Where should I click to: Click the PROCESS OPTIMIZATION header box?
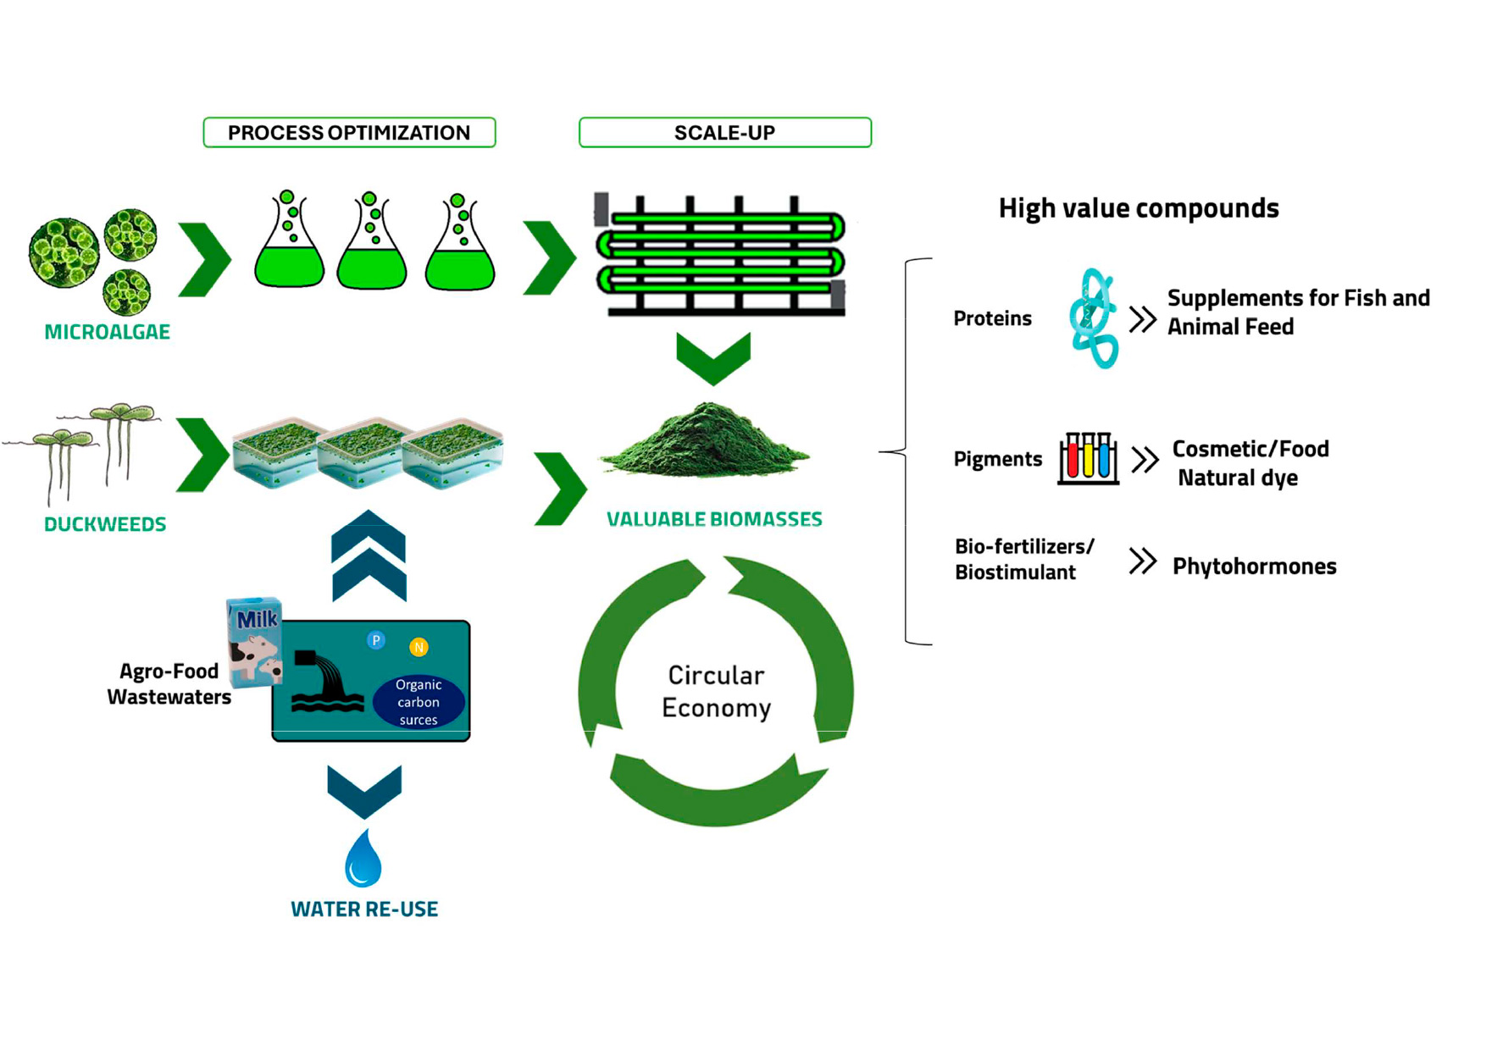coord(349,133)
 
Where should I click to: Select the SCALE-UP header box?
coord(724,133)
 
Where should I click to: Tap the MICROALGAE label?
coord(107,332)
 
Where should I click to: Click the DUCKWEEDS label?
coord(105,524)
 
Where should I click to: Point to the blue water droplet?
coord(363,859)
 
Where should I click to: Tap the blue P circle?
coord(375,640)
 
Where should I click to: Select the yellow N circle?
coord(419,648)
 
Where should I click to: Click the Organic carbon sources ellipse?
coord(419,702)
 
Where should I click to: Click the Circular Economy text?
coord(716,691)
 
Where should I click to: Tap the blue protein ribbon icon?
coord(1093,318)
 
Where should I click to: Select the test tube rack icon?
coord(1088,458)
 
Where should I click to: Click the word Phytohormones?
coord(1254,566)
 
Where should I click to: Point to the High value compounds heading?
coord(1138,208)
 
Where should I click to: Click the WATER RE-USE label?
coord(364,909)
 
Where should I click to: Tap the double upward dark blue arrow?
coord(369,555)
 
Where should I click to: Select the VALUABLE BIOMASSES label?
coord(714,519)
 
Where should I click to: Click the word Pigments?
coord(997,459)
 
